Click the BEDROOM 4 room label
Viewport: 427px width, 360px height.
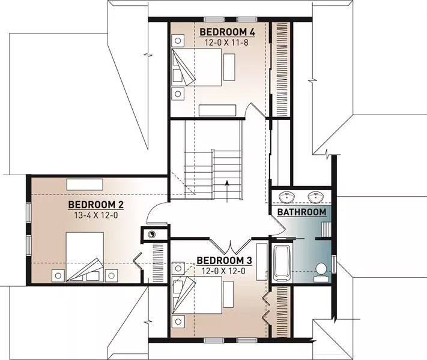[x=227, y=32]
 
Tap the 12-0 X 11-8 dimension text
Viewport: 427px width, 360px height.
[x=227, y=43]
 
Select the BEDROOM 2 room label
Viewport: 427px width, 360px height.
[x=96, y=205]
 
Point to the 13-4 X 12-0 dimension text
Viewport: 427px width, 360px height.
[x=96, y=215]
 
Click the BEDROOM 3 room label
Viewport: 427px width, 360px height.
[x=224, y=260]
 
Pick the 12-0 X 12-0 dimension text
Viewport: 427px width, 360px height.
[x=224, y=271]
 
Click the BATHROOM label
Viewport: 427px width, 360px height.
[x=301, y=212]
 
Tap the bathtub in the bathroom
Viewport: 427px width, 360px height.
[x=282, y=263]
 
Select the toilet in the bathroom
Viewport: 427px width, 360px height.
[x=321, y=272]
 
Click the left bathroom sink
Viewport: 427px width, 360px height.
[x=286, y=196]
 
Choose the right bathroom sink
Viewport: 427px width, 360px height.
[x=316, y=196]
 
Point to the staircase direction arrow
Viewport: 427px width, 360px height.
[x=227, y=191]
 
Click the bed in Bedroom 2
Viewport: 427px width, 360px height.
[x=85, y=257]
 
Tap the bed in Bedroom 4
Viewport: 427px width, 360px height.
[x=196, y=67]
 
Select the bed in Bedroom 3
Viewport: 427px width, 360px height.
[x=196, y=295]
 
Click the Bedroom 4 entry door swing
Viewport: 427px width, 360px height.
[x=255, y=110]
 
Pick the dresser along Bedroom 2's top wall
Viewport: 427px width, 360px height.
[x=85, y=184]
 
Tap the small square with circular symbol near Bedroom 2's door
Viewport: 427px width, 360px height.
[x=151, y=234]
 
